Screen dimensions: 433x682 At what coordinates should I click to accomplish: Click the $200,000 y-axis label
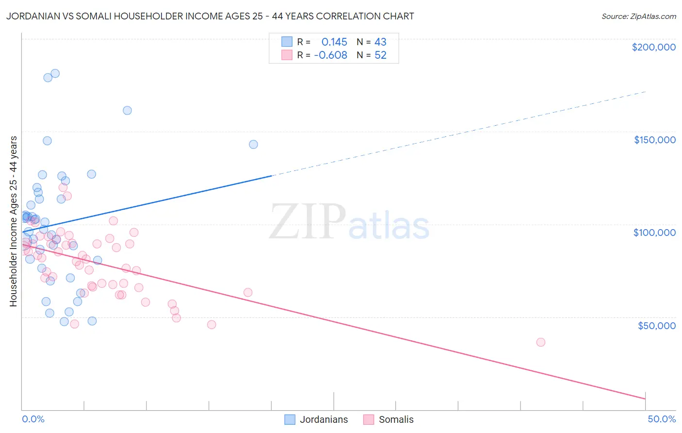653,47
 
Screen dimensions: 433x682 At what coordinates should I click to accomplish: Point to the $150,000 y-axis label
654,140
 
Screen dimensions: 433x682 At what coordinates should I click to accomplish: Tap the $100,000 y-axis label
654,233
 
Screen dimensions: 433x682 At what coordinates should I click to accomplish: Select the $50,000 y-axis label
656,325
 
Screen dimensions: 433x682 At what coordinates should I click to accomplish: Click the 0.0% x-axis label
33,419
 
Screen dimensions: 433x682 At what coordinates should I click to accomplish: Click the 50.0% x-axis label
661,419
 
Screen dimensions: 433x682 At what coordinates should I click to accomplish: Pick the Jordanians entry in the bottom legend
323,419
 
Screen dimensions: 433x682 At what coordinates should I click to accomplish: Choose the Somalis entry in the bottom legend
396,419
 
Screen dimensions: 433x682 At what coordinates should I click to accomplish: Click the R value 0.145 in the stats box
334,42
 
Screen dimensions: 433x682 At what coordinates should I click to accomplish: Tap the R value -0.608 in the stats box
331,55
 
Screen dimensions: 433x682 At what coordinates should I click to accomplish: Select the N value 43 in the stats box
380,42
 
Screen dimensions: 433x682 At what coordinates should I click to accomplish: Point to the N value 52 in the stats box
380,55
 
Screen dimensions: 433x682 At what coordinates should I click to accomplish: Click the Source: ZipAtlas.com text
638,17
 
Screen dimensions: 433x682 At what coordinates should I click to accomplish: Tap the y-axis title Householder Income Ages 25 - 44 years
14,221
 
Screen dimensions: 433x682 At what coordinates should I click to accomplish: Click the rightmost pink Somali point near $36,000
541,342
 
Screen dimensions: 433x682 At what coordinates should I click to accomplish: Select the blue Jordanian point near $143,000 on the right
253,144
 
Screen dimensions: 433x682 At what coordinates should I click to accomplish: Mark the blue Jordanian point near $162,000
127,110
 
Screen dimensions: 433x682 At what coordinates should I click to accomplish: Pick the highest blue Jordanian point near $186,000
55,73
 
